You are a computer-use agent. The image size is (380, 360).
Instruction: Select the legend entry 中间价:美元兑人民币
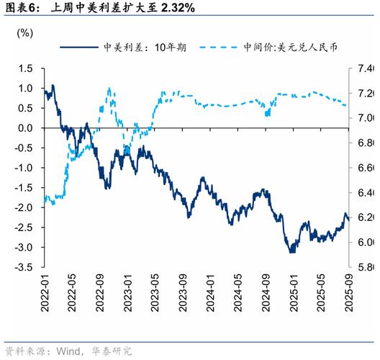[291, 48]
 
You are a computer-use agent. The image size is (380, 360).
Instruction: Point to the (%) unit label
[24, 33]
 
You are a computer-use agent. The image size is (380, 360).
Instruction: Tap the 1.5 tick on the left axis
[27, 68]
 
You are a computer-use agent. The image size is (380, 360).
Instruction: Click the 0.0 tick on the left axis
[27, 128]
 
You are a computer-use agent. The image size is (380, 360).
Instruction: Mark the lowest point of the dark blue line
[291, 252]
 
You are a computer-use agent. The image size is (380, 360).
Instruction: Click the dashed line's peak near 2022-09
[109, 89]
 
